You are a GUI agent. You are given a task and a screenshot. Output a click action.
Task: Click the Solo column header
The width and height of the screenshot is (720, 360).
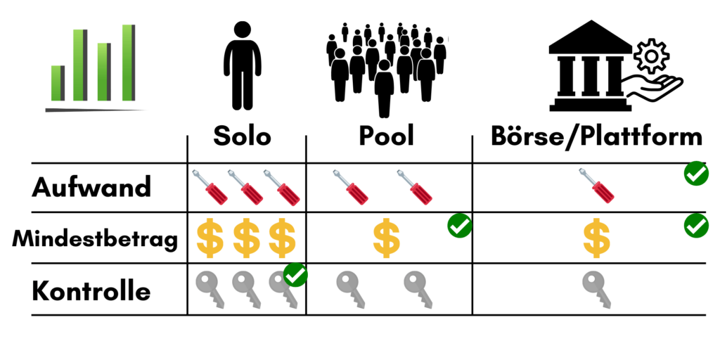(x=242, y=136)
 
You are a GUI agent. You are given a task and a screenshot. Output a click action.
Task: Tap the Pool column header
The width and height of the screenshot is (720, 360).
(x=386, y=136)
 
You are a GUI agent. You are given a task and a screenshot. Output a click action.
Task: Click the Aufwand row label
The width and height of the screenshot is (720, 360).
(x=91, y=187)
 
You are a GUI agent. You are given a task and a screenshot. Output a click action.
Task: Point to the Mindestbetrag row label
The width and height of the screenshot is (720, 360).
(x=95, y=239)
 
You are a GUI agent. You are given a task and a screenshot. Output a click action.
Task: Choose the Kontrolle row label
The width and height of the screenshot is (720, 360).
(x=91, y=291)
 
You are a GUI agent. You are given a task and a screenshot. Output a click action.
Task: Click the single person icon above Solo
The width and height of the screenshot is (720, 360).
(x=243, y=65)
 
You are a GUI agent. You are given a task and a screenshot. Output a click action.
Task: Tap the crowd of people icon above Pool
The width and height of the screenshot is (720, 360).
(x=386, y=69)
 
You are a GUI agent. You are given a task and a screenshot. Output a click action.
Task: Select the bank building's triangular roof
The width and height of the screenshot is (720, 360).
(x=591, y=37)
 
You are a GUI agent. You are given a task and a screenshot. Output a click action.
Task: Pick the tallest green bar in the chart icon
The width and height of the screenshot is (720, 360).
(x=128, y=63)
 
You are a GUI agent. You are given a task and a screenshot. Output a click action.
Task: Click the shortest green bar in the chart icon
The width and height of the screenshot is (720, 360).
(x=58, y=83)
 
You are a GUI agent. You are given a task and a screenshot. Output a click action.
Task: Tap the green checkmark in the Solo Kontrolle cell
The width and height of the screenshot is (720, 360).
(x=295, y=275)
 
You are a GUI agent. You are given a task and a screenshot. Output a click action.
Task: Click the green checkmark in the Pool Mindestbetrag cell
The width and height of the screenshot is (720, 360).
(x=460, y=226)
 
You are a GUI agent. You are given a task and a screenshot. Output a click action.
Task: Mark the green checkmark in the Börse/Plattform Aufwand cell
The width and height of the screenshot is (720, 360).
(x=696, y=174)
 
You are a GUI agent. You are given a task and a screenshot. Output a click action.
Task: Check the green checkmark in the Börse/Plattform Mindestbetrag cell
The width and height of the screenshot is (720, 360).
(x=696, y=226)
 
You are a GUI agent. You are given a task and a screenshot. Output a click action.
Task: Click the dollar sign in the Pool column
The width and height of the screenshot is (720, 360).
(x=386, y=238)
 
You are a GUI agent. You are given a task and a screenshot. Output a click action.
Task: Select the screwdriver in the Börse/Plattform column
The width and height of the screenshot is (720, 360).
(x=596, y=186)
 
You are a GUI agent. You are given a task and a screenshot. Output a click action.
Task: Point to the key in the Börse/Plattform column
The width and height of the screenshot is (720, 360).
(x=596, y=289)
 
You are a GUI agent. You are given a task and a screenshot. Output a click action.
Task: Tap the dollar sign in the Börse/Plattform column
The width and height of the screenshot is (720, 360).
(x=596, y=238)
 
